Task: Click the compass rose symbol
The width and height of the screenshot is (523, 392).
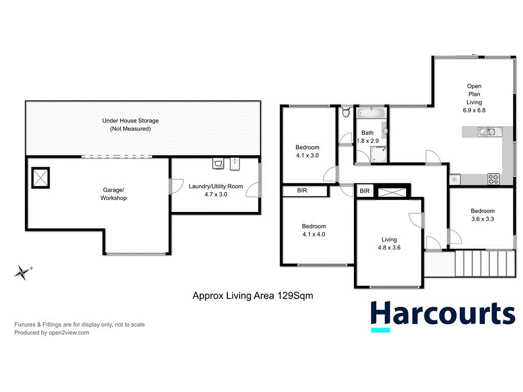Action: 22,273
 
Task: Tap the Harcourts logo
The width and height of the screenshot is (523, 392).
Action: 442,315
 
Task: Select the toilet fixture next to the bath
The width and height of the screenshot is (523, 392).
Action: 346,112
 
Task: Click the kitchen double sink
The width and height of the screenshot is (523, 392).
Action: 486,132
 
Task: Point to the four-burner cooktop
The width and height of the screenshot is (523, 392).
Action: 494,179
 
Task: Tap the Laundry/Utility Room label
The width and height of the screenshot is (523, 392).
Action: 216,190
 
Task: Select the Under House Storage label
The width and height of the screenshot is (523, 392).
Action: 130,125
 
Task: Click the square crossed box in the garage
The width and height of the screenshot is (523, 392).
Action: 40,178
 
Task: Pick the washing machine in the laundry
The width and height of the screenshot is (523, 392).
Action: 218,164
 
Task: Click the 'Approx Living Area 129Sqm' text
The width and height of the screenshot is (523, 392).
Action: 252,295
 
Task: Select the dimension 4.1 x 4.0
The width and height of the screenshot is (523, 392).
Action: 314,235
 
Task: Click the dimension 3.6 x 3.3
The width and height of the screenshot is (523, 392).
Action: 482,219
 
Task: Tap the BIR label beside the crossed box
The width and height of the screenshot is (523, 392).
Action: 364,191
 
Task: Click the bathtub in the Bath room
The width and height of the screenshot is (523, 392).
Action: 371,113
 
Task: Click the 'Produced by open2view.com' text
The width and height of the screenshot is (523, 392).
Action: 52,332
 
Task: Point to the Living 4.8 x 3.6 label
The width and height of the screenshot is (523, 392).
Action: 389,243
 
